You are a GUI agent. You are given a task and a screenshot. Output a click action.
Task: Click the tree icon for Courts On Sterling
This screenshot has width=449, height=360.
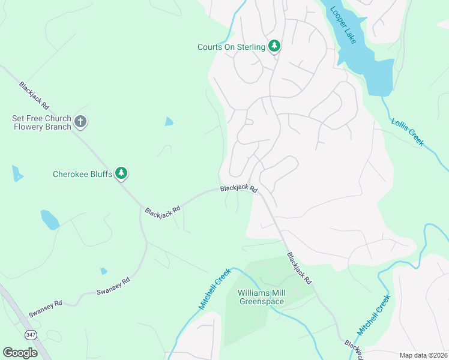click(x=274, y=46)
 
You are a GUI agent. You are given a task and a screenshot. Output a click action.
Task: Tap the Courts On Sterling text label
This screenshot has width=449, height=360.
click(x=231, y=47)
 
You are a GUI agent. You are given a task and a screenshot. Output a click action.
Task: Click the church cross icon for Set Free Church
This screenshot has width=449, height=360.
click(x=81, y=122)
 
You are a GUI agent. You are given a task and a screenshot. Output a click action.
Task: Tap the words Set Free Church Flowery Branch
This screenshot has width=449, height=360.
click(x=41, y=122)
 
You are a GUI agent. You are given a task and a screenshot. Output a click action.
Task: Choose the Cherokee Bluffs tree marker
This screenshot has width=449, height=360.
click(x=122, y=173)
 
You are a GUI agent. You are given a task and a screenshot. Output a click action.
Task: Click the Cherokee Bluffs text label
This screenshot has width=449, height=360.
click(x=82, y=174)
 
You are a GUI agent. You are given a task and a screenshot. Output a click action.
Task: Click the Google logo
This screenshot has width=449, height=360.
click(x=20, y=353)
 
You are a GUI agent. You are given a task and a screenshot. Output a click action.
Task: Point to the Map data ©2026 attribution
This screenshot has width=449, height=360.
click(x=423, y=355)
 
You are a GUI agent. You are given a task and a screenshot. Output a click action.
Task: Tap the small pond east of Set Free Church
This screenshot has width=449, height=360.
click(x=169, y=122)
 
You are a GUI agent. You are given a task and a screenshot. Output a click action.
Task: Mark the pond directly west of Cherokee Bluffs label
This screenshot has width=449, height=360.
click(x=17, y=174)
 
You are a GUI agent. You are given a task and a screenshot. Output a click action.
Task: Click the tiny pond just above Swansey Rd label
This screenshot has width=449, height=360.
click(x=104, y=271)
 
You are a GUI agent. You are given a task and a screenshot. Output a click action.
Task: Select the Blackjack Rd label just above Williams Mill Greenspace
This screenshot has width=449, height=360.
click(x=299, y=268)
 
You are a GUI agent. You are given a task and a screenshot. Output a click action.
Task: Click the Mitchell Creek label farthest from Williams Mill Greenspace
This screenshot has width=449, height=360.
click(x=374, y=315)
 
